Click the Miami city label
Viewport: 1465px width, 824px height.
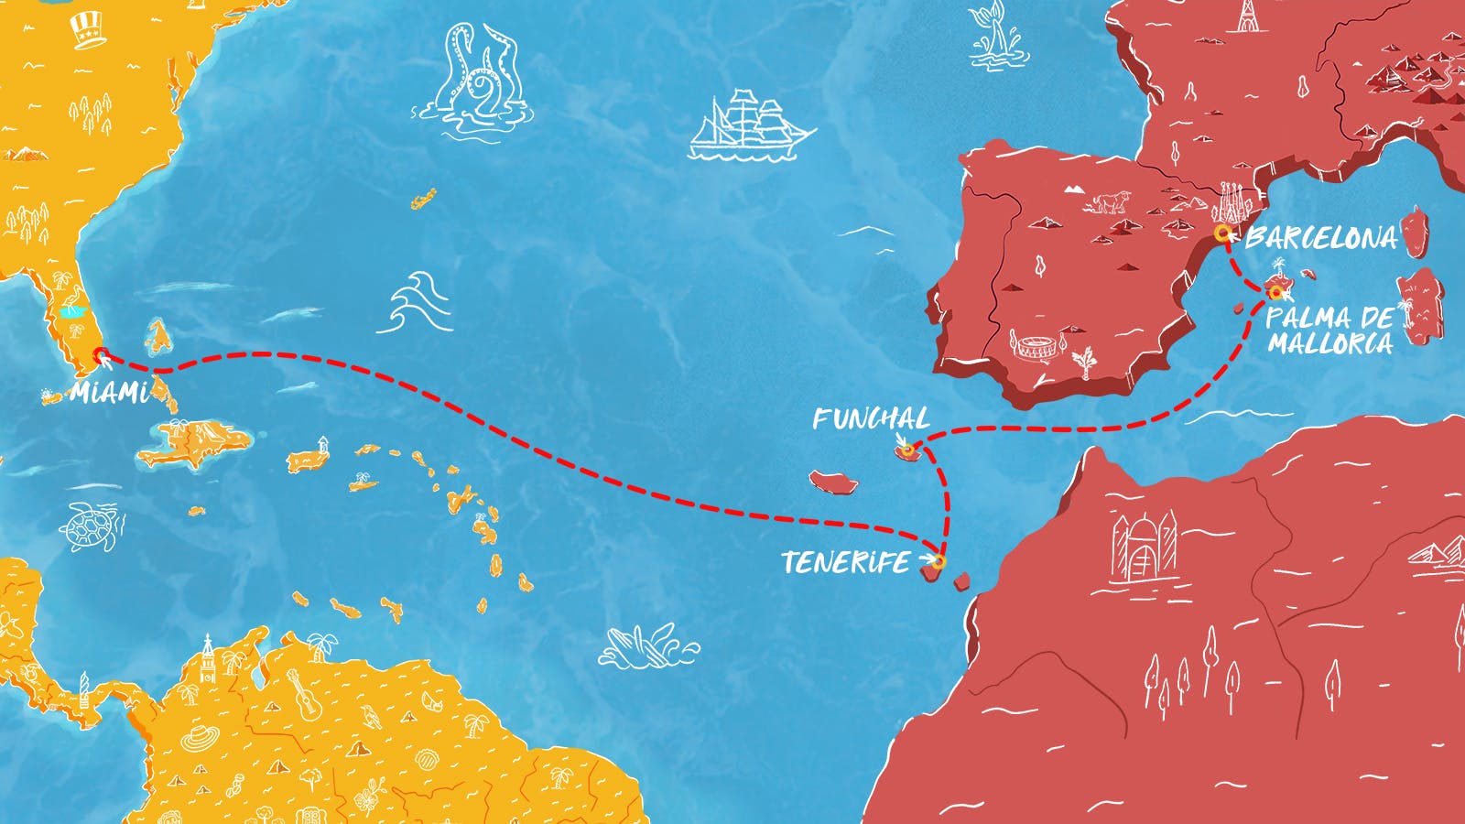click(109, 393)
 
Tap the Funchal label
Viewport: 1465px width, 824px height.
click(870, 419)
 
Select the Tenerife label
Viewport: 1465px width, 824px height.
click(845, 562)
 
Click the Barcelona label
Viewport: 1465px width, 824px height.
click(1321, 238)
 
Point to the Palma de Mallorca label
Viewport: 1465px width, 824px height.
click(1330, 331)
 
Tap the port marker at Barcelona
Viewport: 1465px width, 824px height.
click(1222, 233)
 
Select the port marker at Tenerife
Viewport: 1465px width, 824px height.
click(938, 560)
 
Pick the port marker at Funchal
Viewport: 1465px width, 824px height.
click(906, 449)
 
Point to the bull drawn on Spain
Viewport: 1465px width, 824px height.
click(1110, 201)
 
